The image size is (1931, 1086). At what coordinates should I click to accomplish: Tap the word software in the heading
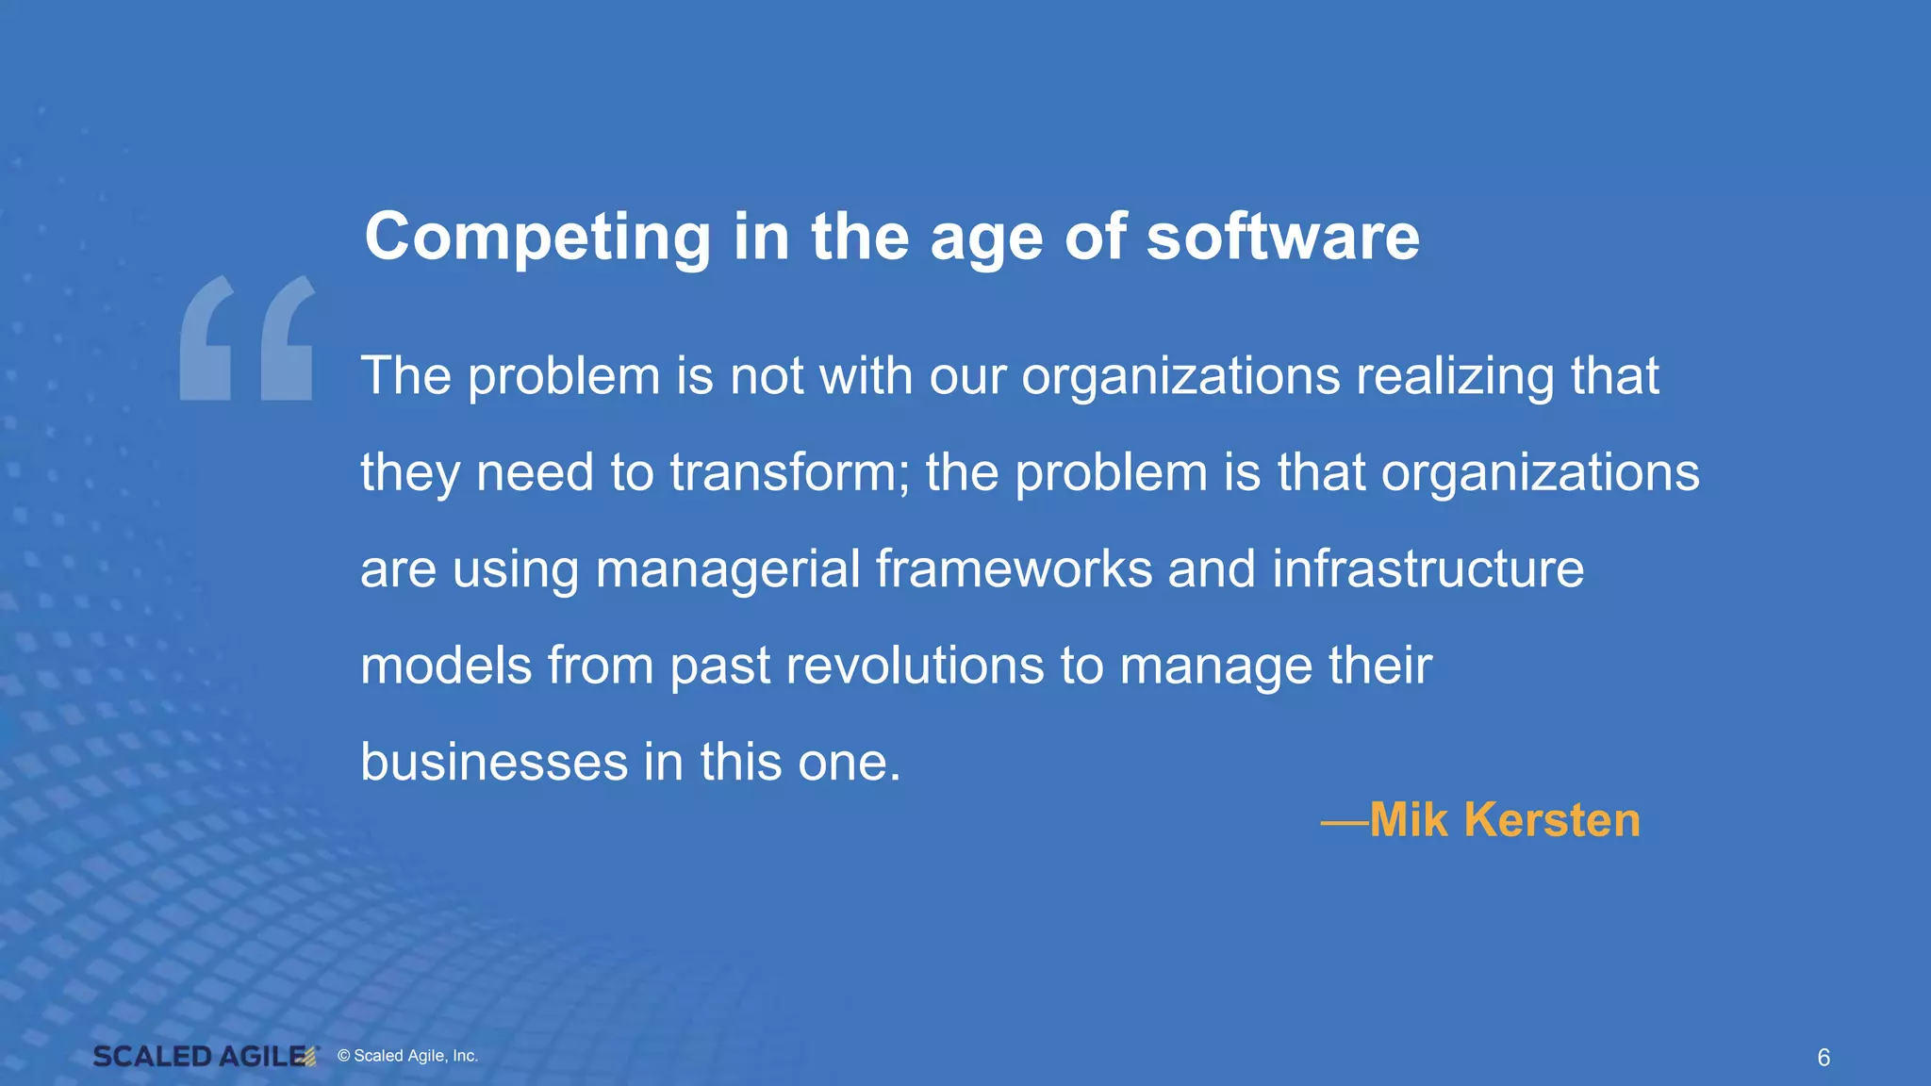(x=1282, y=237)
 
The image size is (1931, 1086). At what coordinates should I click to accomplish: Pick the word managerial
(x=728, y=570)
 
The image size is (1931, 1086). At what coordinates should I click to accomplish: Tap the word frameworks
(x=1014, y=569)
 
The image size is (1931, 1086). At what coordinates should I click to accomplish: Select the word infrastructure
(x=1428, y=569)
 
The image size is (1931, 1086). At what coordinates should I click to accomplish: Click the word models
(x=446, y=666)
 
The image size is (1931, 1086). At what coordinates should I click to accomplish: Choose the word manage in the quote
(x=1215, y=667)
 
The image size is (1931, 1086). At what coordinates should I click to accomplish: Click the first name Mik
(x=1409, y=820)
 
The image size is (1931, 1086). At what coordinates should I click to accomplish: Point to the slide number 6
(x=1824, y=1058)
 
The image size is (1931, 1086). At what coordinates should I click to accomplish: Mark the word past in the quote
(x=720, y=667)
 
